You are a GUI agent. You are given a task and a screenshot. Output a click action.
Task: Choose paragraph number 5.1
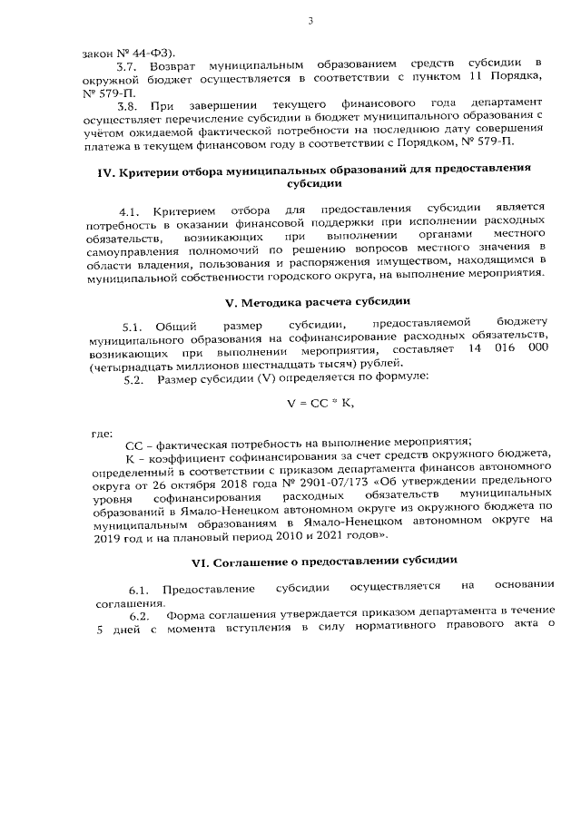(x=135, y=326)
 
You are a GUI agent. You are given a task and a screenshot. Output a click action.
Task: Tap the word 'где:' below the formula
(x=103, y=433)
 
